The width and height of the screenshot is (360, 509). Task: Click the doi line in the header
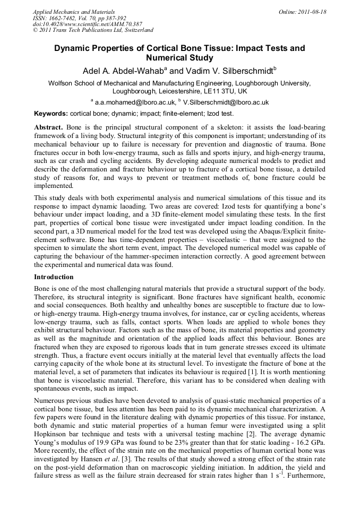(x=87, y=24)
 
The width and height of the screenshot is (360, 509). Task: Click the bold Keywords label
(x=51, y=114)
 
